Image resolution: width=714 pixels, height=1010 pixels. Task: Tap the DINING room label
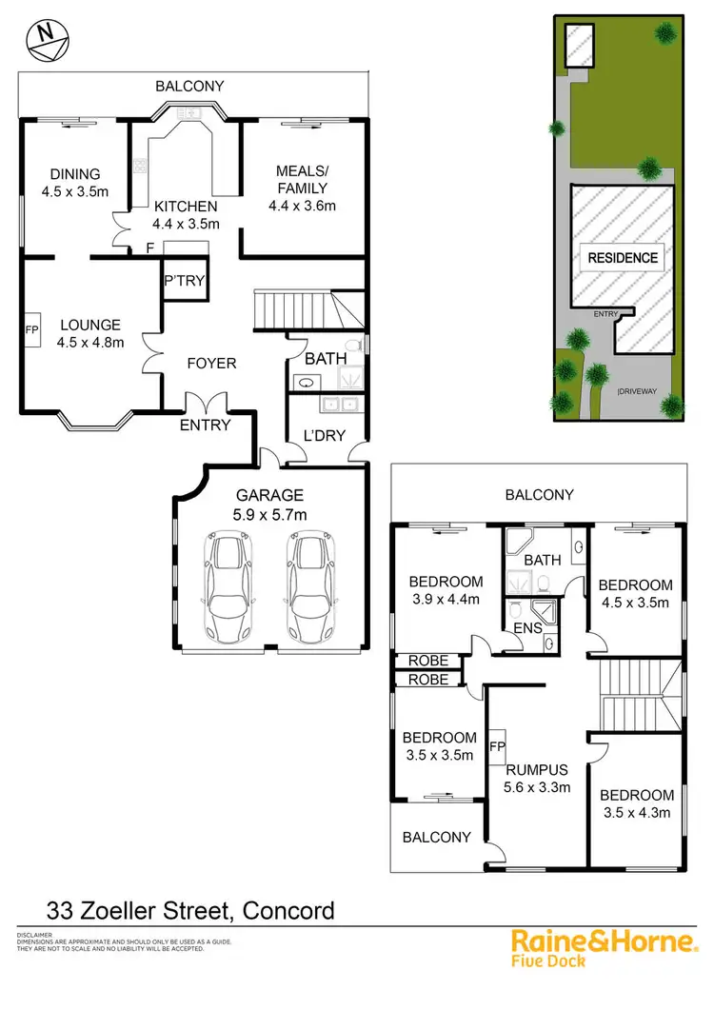[75, 174]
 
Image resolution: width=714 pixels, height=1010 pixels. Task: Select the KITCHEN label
[186, 207]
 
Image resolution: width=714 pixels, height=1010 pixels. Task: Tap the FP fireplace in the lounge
[31, 329]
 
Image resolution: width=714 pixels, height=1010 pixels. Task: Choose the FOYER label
[211, 363]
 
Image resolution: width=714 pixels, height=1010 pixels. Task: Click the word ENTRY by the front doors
[206, 426]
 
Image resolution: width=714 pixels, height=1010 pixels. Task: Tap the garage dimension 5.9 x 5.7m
[271, 514]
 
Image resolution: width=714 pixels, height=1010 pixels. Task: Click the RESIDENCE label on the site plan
[623, 257]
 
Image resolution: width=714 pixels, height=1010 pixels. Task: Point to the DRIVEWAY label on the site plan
[639, 390]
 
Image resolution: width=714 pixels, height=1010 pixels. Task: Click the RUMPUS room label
[537, 769]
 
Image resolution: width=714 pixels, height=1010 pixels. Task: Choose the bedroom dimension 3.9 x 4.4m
[446, 599]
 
